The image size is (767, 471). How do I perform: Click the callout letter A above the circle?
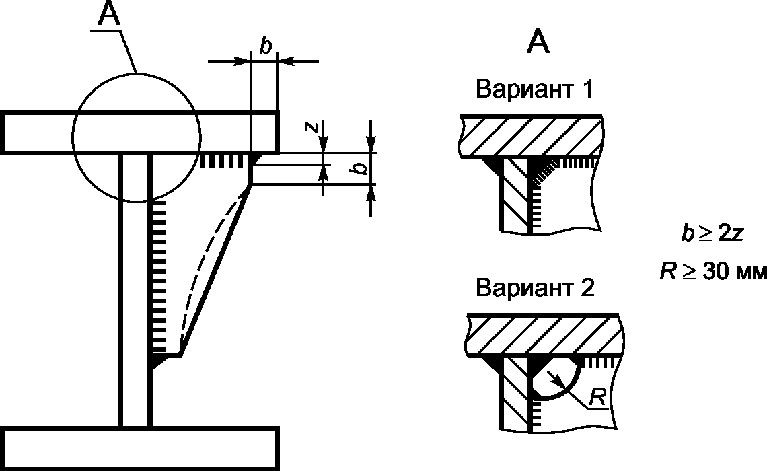click(x=110, y=15)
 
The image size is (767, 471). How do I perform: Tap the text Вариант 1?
click(x=535, y=89)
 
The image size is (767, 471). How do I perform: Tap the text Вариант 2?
click(x=535, y=288)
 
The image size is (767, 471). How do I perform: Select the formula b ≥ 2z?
click(x=713, y=233)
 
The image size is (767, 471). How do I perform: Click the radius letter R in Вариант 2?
click(x=596, y=398)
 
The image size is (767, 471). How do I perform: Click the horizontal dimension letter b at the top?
click(x=265, y=46)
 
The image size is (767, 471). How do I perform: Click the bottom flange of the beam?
click(x=140, y=448)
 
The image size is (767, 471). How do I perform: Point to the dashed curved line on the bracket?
click(x=202, y=269)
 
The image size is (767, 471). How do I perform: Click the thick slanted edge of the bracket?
click(x=215, y=269)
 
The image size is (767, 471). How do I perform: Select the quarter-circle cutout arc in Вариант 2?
click(x=569, y=387)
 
